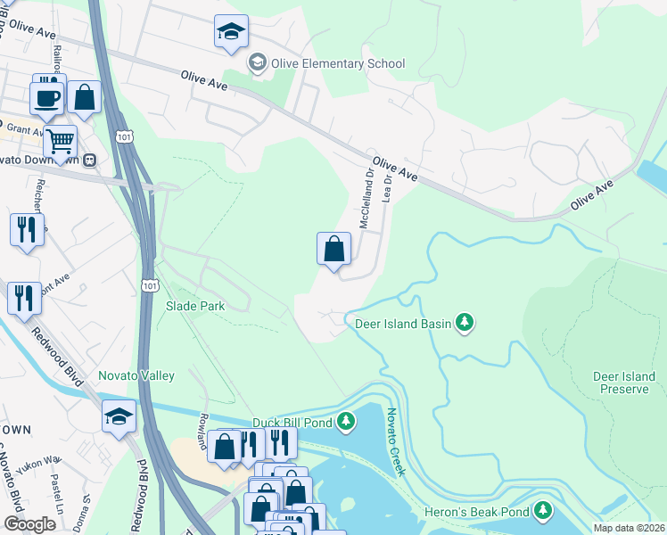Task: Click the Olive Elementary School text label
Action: click(x=338, y=63)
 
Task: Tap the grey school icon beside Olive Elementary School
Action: click(x=257, y=62)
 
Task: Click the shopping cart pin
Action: click(x=60, y=142)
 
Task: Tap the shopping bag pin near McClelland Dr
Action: click(x=333, y=249)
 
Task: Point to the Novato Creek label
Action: click(x=395, y=442)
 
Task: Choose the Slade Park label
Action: click(x=194, y=306)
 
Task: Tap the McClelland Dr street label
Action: click(x=366, y=197)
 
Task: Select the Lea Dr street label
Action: click(x=387, y=187)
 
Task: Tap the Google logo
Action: click(x=29, y=524)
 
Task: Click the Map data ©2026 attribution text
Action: click(x=629, y=528)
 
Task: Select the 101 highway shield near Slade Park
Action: click(x=149, y=283)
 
